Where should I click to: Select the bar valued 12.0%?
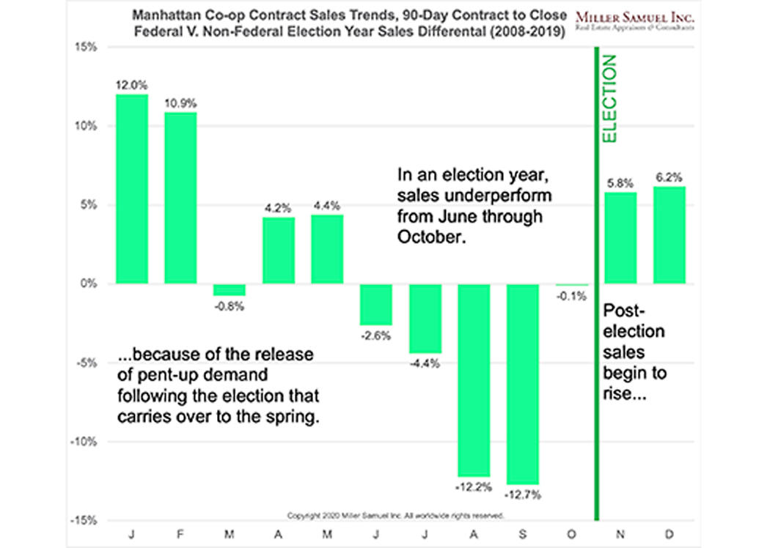pos(131,189)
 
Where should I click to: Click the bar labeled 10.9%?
pos(180,198)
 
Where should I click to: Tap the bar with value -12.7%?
pos(522,384)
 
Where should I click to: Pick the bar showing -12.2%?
pos(474,379)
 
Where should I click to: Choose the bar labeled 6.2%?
pos(669,234)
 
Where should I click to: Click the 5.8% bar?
pos(620,237)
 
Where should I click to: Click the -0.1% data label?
pos(570,296)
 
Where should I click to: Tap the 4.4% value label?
pos(327,205)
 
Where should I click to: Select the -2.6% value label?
pos(376,336)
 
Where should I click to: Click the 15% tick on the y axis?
pos(88,47)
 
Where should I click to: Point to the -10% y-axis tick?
pos(86,442)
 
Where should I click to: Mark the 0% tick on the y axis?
pos(90,284)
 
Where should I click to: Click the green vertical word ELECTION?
pos(610,100)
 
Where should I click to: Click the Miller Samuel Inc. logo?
pos(635,21)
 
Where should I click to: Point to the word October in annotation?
pos(431,237)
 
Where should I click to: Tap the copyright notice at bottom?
pos(396,515)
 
